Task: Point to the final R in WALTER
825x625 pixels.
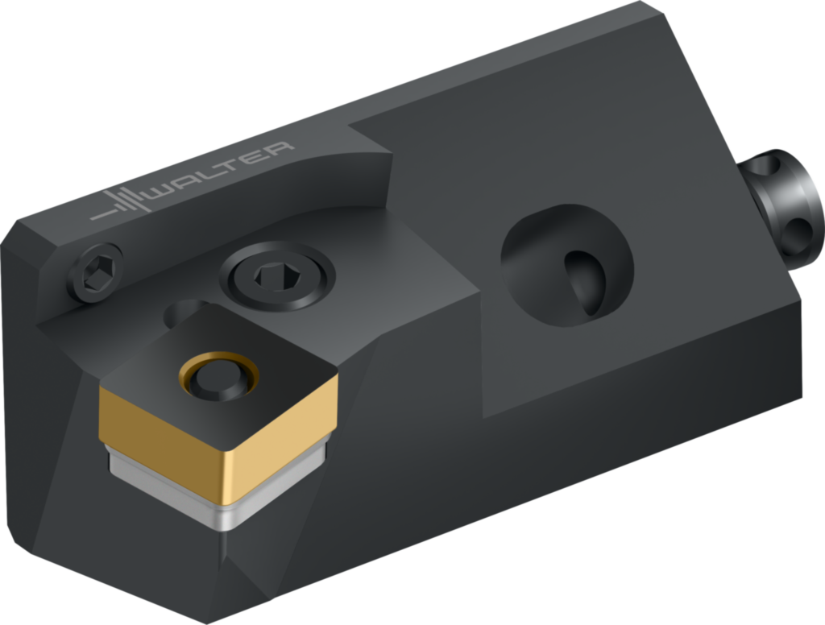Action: (279, 149)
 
